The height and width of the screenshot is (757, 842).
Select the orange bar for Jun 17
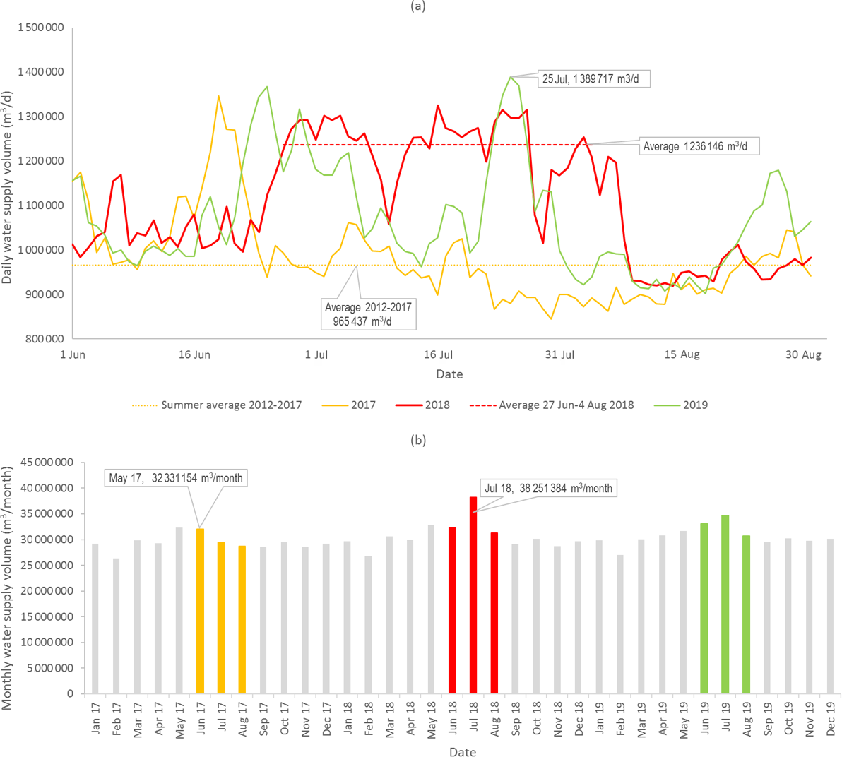[x=200, y=611]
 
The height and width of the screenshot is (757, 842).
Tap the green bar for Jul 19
[x=725, y=604]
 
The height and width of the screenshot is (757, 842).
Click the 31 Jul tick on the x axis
[x=559, y=354]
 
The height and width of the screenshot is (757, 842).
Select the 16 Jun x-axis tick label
[x=194, y=354]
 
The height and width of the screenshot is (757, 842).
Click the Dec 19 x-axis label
[x=831, y=717]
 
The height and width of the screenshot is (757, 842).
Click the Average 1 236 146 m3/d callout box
[x=689, y=147]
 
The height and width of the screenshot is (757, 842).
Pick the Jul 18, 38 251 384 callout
[x=548, y=488]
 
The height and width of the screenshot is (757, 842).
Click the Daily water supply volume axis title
[x=8, y=187]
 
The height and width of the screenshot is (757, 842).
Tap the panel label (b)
[x=418, y=439]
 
